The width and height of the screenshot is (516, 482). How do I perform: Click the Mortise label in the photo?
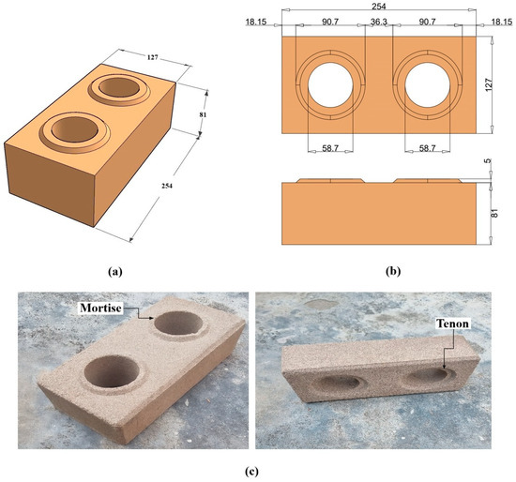tap(100, 308)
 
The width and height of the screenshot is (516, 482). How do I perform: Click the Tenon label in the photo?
tap(452, 324)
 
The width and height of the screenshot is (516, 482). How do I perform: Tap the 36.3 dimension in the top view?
tap(379, 22)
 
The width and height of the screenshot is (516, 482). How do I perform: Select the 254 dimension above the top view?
tap(379, 6)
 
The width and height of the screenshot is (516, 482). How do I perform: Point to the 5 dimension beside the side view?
tap(488, 161)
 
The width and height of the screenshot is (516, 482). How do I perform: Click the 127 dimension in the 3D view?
tap(152, 57)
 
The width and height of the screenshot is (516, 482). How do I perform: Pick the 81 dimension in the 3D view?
tap(203, 114)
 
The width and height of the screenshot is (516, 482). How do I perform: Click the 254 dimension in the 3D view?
tap(167, 186)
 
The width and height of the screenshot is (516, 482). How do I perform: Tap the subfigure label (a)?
tap(114, 272)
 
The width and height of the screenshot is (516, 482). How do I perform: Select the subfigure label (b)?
tap(393, 272)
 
